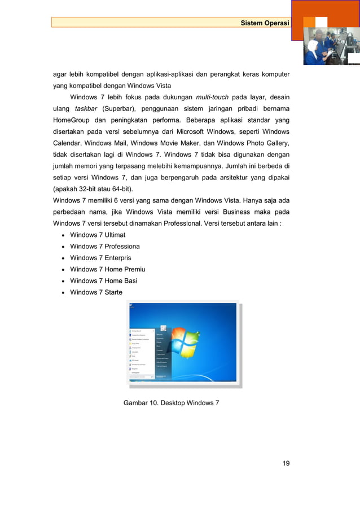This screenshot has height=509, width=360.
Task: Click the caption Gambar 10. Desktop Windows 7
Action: pyautogui.click(x=171, y=402)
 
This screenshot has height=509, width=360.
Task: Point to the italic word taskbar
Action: pyautogui.click(x=86, y=109)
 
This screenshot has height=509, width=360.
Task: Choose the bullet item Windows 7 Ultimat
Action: pyautogui.click(x=98, y=235)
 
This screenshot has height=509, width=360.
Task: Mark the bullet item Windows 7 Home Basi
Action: pyautogui.click(x=104, y=280)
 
